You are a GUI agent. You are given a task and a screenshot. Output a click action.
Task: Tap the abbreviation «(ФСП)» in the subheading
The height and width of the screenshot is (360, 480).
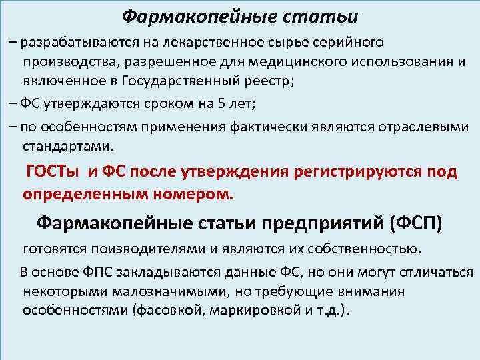(416, 222)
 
